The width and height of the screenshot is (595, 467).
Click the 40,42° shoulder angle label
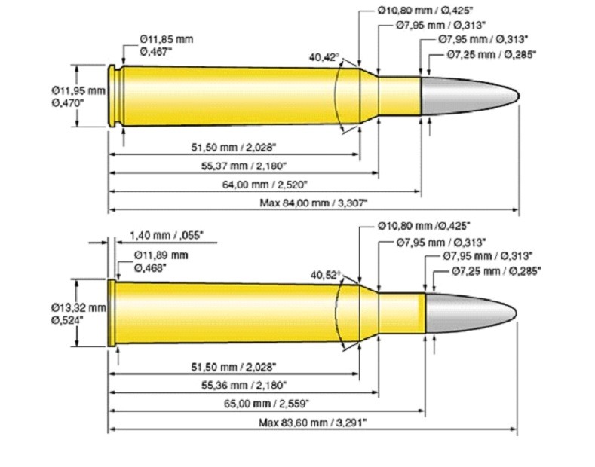(x=324, y=56)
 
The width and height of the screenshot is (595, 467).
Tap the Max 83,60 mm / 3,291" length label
(x=313, y=424)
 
